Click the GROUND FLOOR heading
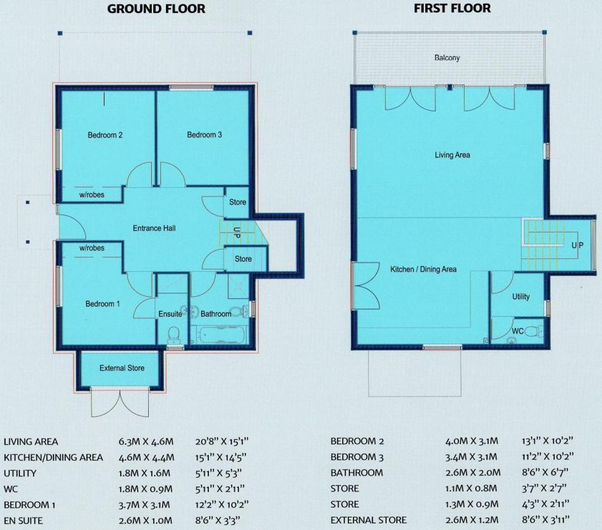tap(156, 9)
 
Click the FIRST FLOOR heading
tap(452, 9)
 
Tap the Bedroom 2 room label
tap(105, 135)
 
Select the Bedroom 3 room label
tap(204, 134)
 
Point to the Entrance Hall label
tap(154, 228)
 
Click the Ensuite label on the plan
tap(170, 314)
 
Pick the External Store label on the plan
tap(122, 368)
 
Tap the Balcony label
tap(447, 58)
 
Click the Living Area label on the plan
tap(452, 155)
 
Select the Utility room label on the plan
tap(520, 296)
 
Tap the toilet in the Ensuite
tap(173, 335)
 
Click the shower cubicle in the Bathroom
tap(238, 286)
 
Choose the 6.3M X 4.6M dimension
tap(146, 442)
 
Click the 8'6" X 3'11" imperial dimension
tap(545, 520)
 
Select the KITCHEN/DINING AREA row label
tap(54, 458)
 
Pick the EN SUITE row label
tap(23, 521)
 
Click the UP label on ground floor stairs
tap(237, 232)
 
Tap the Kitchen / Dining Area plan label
tap(424, 269)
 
